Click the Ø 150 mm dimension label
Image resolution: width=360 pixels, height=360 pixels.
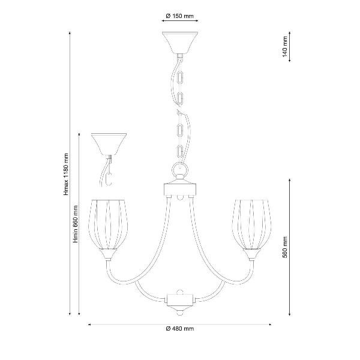click(180, 16)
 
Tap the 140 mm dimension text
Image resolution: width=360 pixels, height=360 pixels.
click(284, 47)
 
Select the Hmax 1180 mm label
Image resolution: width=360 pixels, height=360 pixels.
click(66, 175)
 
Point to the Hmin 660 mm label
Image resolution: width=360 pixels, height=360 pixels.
click(76, 224)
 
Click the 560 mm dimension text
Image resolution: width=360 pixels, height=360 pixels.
click(284, 247)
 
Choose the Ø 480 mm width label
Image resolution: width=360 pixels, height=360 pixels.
click(180, 329)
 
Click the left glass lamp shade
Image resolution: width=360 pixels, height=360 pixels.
click(107, 224)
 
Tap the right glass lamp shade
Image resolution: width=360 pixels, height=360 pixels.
click(252, 224)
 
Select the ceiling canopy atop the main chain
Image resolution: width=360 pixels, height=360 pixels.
click(180, 43)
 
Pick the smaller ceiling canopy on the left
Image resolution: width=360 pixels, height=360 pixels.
click(109, 145)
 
